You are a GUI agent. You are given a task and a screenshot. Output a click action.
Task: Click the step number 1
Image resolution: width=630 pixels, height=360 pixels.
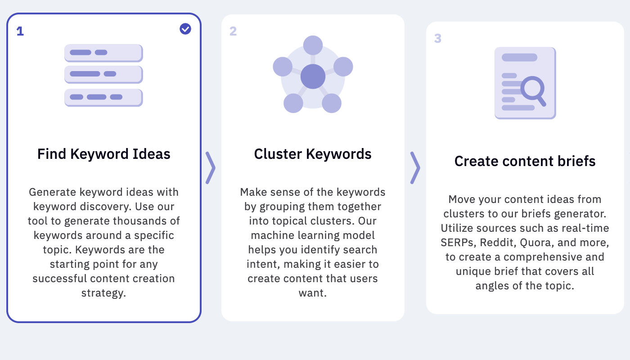(20, 31)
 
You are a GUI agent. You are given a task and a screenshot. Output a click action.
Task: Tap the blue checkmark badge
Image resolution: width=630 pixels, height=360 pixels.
(185, 29)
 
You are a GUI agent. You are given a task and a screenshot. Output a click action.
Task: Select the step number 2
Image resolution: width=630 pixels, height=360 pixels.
(233, 31)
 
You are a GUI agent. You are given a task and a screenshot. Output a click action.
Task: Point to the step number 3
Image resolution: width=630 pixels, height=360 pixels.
(438, 38)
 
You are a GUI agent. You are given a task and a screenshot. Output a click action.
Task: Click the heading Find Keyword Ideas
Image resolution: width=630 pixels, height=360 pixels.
(104, 154)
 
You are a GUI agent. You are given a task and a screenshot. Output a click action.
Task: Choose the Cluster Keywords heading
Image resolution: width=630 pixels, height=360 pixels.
(313, 154)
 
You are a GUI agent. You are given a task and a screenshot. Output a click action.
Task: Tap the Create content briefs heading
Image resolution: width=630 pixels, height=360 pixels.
(525, 161)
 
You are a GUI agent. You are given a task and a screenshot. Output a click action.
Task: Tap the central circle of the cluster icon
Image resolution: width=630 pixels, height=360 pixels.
(313, 76)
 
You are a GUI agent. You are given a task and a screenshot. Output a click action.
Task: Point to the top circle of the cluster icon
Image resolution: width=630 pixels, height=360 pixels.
(313, 45)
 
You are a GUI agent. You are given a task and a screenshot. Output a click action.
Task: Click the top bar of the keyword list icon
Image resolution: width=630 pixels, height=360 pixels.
(103, 53)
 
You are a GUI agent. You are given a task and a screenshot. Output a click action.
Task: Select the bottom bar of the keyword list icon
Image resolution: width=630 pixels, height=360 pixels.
(103, 98)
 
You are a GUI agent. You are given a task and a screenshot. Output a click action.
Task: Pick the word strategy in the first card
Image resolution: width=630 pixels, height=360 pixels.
(103, 293)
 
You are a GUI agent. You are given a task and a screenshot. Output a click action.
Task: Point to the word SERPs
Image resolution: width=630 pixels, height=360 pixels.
(459, 243)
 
